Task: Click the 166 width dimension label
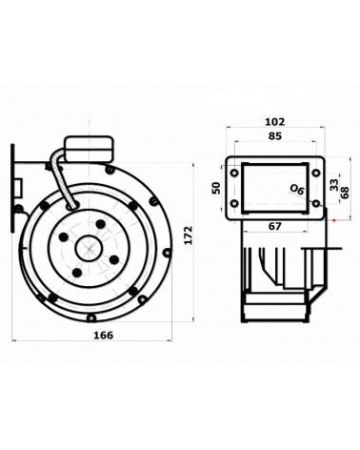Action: coord(104,335)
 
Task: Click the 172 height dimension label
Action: coord(189,235)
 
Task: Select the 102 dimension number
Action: coord(275,122)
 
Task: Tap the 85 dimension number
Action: coord(275,136)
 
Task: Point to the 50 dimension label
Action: coord(216,188)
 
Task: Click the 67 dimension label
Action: coord(275,226)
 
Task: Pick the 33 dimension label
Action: coord(333,185)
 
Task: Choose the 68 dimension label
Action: coord(345,193)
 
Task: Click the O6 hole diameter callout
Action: coord(297,190)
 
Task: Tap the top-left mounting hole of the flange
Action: coord(234,174)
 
